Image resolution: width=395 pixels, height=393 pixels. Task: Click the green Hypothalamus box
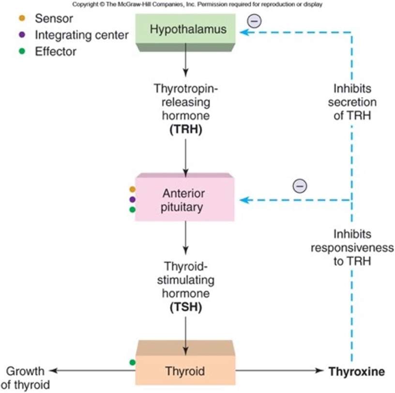coord(187,30)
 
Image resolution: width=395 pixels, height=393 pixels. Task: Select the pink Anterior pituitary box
coord(184,200)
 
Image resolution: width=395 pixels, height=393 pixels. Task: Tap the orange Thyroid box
coord(185,371)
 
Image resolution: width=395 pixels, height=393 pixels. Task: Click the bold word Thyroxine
coord(357,372)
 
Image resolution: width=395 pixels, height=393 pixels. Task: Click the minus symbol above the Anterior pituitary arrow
coord(300,186)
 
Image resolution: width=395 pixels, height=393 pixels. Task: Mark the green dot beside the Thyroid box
coord(132,362)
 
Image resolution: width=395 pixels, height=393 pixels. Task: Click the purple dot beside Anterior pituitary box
coord(132,199)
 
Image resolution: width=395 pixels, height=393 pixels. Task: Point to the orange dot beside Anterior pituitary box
coord(132,189)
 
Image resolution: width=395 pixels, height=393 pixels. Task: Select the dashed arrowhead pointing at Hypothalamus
coord(245,32)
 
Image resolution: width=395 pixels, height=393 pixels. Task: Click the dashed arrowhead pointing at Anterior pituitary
coord(245,200)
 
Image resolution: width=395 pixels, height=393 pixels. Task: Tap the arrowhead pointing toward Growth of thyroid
coord(53,371)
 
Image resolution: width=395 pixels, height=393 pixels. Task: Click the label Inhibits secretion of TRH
coord(351,103)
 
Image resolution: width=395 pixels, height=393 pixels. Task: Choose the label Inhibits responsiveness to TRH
coord(352,248)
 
